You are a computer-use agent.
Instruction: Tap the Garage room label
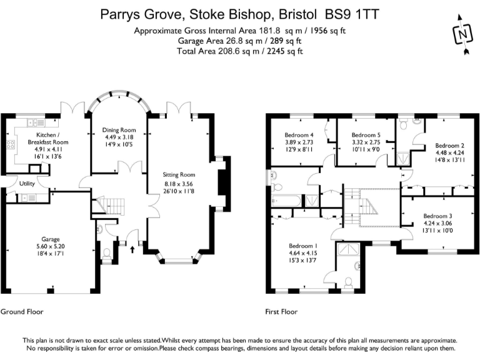coord(51,239)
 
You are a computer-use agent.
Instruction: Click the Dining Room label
coord(119,130)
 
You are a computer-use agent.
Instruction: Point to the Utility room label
coord(27,184)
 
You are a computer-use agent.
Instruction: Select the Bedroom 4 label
coord(298,135)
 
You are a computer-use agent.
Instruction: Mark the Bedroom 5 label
coord(366,135)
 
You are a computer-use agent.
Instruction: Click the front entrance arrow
coord(132,249)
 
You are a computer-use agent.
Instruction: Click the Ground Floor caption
coord(22,311)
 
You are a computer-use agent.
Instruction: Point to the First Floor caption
coord(281,311)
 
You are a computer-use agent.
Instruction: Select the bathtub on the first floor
coord(287,201)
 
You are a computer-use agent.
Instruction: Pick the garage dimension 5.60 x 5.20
coord(51,246)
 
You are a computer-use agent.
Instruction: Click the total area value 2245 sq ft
coord(282,51)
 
